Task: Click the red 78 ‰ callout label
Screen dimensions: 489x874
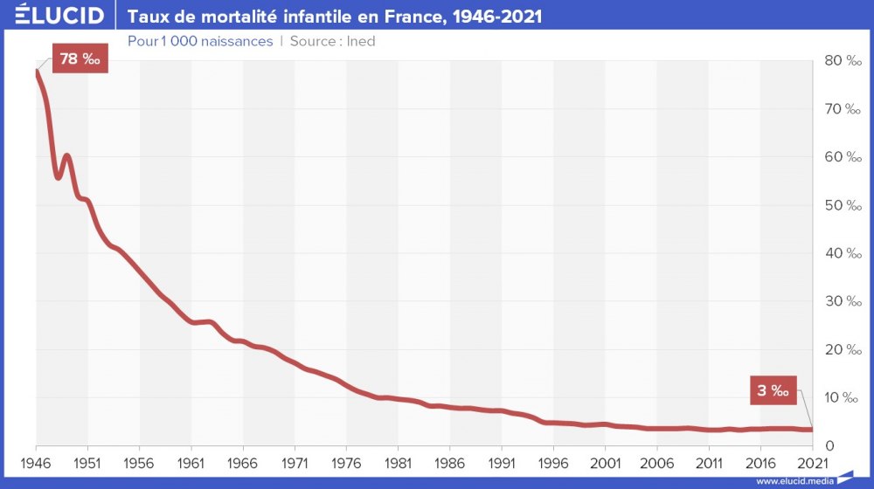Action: click(x=80, y=59)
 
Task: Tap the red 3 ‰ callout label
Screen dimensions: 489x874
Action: click(x=773, y=390)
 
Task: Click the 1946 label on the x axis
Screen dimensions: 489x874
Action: click(x=36, y=462)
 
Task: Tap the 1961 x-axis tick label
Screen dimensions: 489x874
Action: click(x=191, y=462)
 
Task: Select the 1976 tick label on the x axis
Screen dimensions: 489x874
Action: click(x=346, y=462)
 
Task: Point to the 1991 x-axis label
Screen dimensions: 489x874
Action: click(x=502, y=462)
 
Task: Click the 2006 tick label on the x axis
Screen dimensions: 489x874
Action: click(x=657, y=462)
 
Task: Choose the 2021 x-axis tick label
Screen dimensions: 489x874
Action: click(x=812, y=462)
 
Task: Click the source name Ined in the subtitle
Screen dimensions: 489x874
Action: click(x=361, y=41)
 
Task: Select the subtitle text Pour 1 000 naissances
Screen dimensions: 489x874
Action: click(x=200, y=41)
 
